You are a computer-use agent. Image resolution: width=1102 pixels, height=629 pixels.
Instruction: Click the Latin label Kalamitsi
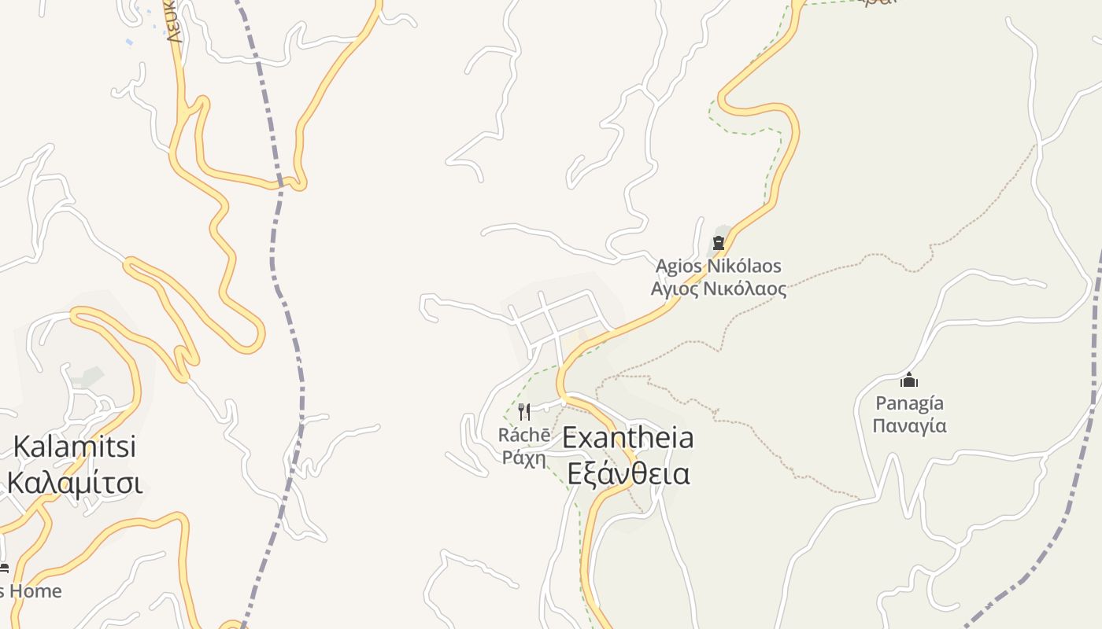pos(75,447)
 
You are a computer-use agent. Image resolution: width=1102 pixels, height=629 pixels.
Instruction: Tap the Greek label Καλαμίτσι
pos(75,483)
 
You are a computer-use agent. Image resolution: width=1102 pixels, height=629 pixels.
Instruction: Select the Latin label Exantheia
pos(628,437)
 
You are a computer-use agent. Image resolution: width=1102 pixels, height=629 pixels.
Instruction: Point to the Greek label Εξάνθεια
pos(628,474)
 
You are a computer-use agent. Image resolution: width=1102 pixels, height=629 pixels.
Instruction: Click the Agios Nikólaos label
pos(718,266)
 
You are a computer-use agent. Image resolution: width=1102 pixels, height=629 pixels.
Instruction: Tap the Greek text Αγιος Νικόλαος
pos(718,289)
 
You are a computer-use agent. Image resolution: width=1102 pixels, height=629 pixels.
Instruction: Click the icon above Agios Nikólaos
pos(718,244)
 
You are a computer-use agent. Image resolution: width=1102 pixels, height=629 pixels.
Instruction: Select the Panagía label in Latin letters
pos(909,403)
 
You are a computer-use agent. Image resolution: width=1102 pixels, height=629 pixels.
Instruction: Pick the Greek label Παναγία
pos(909,426)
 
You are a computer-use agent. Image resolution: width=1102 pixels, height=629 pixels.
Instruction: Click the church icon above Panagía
pos(909,381)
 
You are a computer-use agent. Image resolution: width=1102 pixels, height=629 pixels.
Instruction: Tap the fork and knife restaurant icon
pos(524,411)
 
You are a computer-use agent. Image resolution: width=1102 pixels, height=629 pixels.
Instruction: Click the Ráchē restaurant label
pos(524,435)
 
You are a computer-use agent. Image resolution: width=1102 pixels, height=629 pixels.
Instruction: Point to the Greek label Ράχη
pos(524,458)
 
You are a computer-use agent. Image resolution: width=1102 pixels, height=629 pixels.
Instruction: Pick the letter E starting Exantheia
pos(570,437)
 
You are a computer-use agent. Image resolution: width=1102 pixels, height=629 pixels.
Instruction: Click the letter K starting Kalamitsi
pos(22,447)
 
